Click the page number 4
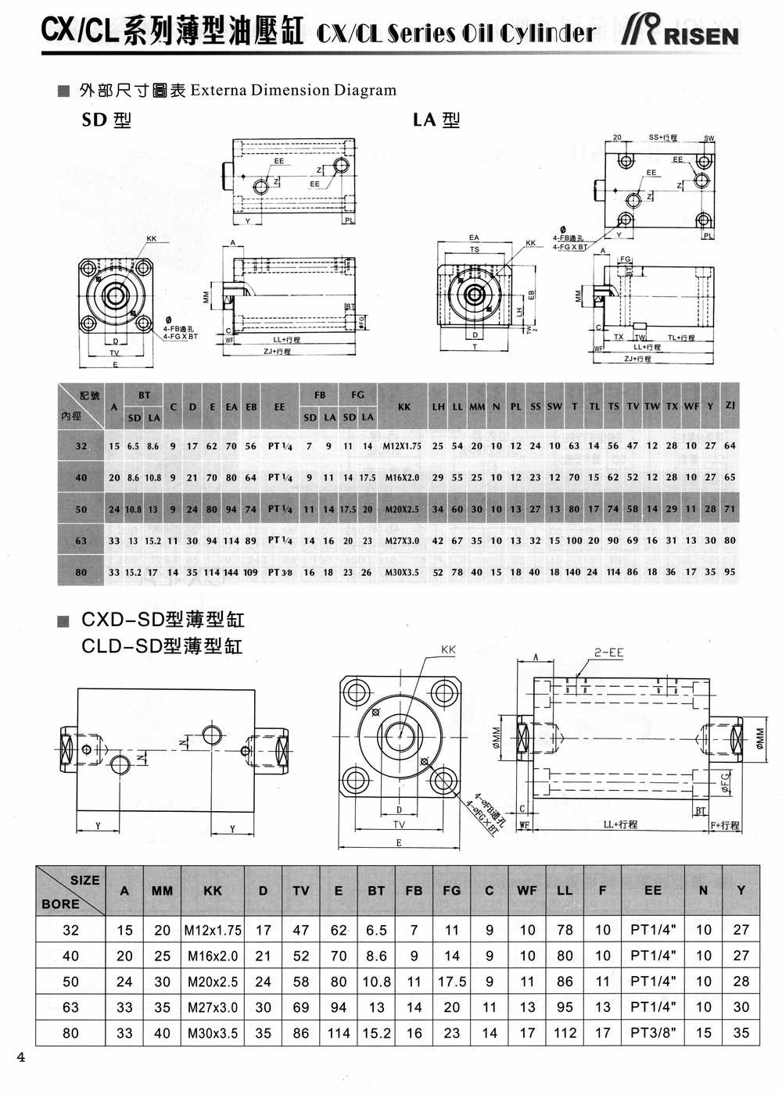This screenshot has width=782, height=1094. click(21, 1058)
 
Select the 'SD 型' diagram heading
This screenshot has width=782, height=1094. click(106, 120)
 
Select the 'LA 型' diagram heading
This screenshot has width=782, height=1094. click(436, 120)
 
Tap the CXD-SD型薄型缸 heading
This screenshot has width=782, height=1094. click(163, 620)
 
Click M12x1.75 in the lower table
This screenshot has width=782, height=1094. click(213, 930)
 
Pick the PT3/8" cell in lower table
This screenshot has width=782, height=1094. click(653, 1032)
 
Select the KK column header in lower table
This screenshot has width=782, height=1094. click(213, 890)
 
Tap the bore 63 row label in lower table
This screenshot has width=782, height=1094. click(70, 1006)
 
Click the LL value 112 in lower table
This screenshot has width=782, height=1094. click(565, 1032)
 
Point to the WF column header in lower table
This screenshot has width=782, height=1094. click(527, 890)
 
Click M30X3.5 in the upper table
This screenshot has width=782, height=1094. click(402, 572)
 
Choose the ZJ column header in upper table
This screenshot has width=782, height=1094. click(730, 405)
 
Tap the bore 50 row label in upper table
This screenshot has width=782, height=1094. click(81, 509)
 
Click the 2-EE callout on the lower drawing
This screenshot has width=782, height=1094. click(608, 652)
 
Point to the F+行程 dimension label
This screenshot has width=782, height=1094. click(725, 825)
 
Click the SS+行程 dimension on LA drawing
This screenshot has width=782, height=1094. click(663, 138)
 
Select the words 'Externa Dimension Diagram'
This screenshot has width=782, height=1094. click(293, 90)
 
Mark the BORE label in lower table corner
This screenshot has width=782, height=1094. click(60, 903)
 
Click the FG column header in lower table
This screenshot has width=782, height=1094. click(451, 890)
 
